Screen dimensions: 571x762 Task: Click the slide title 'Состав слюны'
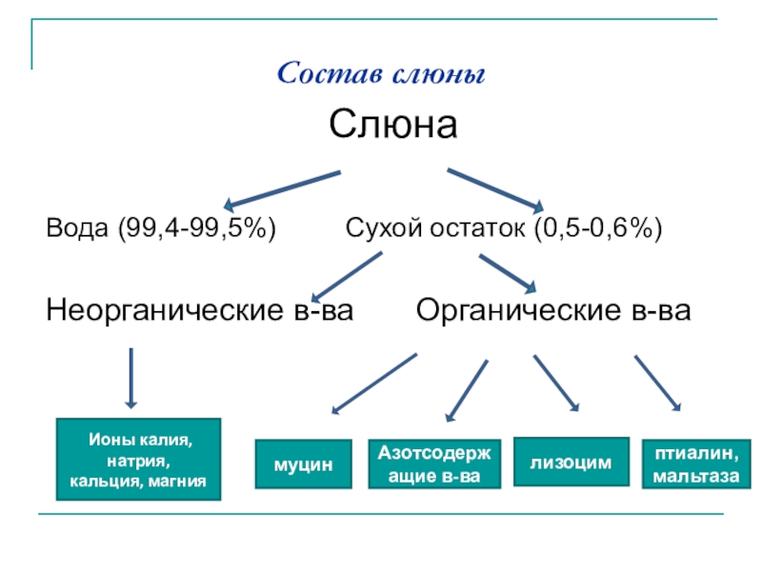click(381, 73)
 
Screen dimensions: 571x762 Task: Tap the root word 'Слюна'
click(393, 125)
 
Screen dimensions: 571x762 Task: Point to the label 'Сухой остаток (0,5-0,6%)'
click(504, 228)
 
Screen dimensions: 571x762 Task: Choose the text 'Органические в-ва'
click(553, 310)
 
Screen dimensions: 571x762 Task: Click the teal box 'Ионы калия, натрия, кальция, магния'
click(139, 460)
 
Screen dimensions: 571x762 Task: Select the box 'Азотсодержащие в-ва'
click(434, 464)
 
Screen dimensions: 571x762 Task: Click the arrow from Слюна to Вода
click(281, 188)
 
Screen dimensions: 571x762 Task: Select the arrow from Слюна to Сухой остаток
click(495, 188)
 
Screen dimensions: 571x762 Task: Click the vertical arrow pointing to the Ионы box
click(131, 379)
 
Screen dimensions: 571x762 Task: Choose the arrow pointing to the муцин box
click(373, 384)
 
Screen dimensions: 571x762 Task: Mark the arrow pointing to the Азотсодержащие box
click(467, 390)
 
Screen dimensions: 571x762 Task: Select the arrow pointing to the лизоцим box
click(556, 384)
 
